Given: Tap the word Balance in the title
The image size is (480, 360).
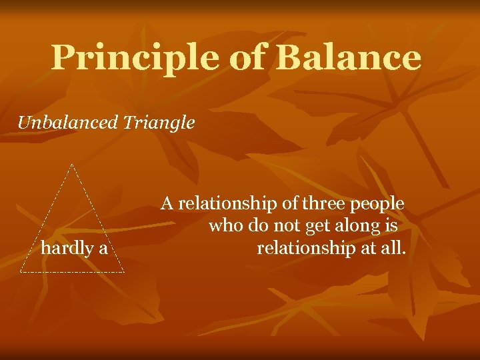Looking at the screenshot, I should (x=348, y=58).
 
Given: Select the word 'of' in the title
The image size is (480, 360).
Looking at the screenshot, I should (x=247, y=58).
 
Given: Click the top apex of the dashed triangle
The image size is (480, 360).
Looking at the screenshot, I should (x=71, y=163).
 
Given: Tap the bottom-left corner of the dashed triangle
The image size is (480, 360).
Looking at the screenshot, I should (x=21, y=272).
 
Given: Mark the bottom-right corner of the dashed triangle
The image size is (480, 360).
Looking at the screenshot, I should (x=124, y=272).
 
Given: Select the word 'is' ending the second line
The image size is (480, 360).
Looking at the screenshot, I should (x=391, y=226).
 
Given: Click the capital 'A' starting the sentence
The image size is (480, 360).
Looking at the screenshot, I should (x=167, y=203).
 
